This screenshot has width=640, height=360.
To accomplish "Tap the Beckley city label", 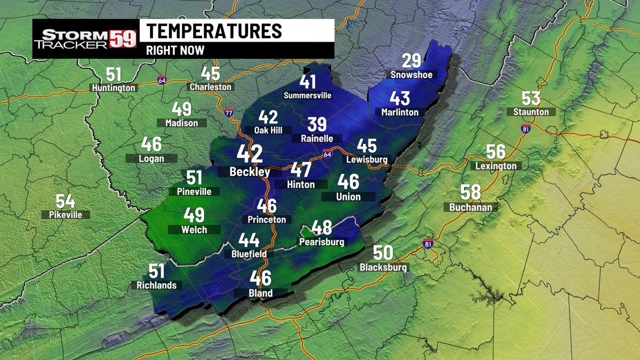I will coord(249,172).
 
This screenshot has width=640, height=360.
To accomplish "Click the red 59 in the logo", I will coord(123,39).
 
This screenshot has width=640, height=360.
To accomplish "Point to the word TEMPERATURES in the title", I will coord(214,31).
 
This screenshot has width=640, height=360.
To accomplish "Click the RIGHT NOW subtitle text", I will coord(175,51).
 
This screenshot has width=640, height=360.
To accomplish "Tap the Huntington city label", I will coord(114,87).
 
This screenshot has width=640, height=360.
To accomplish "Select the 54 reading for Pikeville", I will coord(65,202).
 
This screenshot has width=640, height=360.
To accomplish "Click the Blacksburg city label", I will coord(383,267).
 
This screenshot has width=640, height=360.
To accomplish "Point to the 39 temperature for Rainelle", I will coord(317,125).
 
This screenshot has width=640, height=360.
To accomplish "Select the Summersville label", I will coord(308,95).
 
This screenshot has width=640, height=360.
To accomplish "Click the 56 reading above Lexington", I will coord(496,152).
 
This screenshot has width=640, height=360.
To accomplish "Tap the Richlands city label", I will coord(156,285).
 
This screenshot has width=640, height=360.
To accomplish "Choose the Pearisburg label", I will coord(321,242).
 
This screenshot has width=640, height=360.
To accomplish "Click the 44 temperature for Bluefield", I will coord(249,241).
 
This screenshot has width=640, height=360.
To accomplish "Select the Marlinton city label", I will coord(399,112).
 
